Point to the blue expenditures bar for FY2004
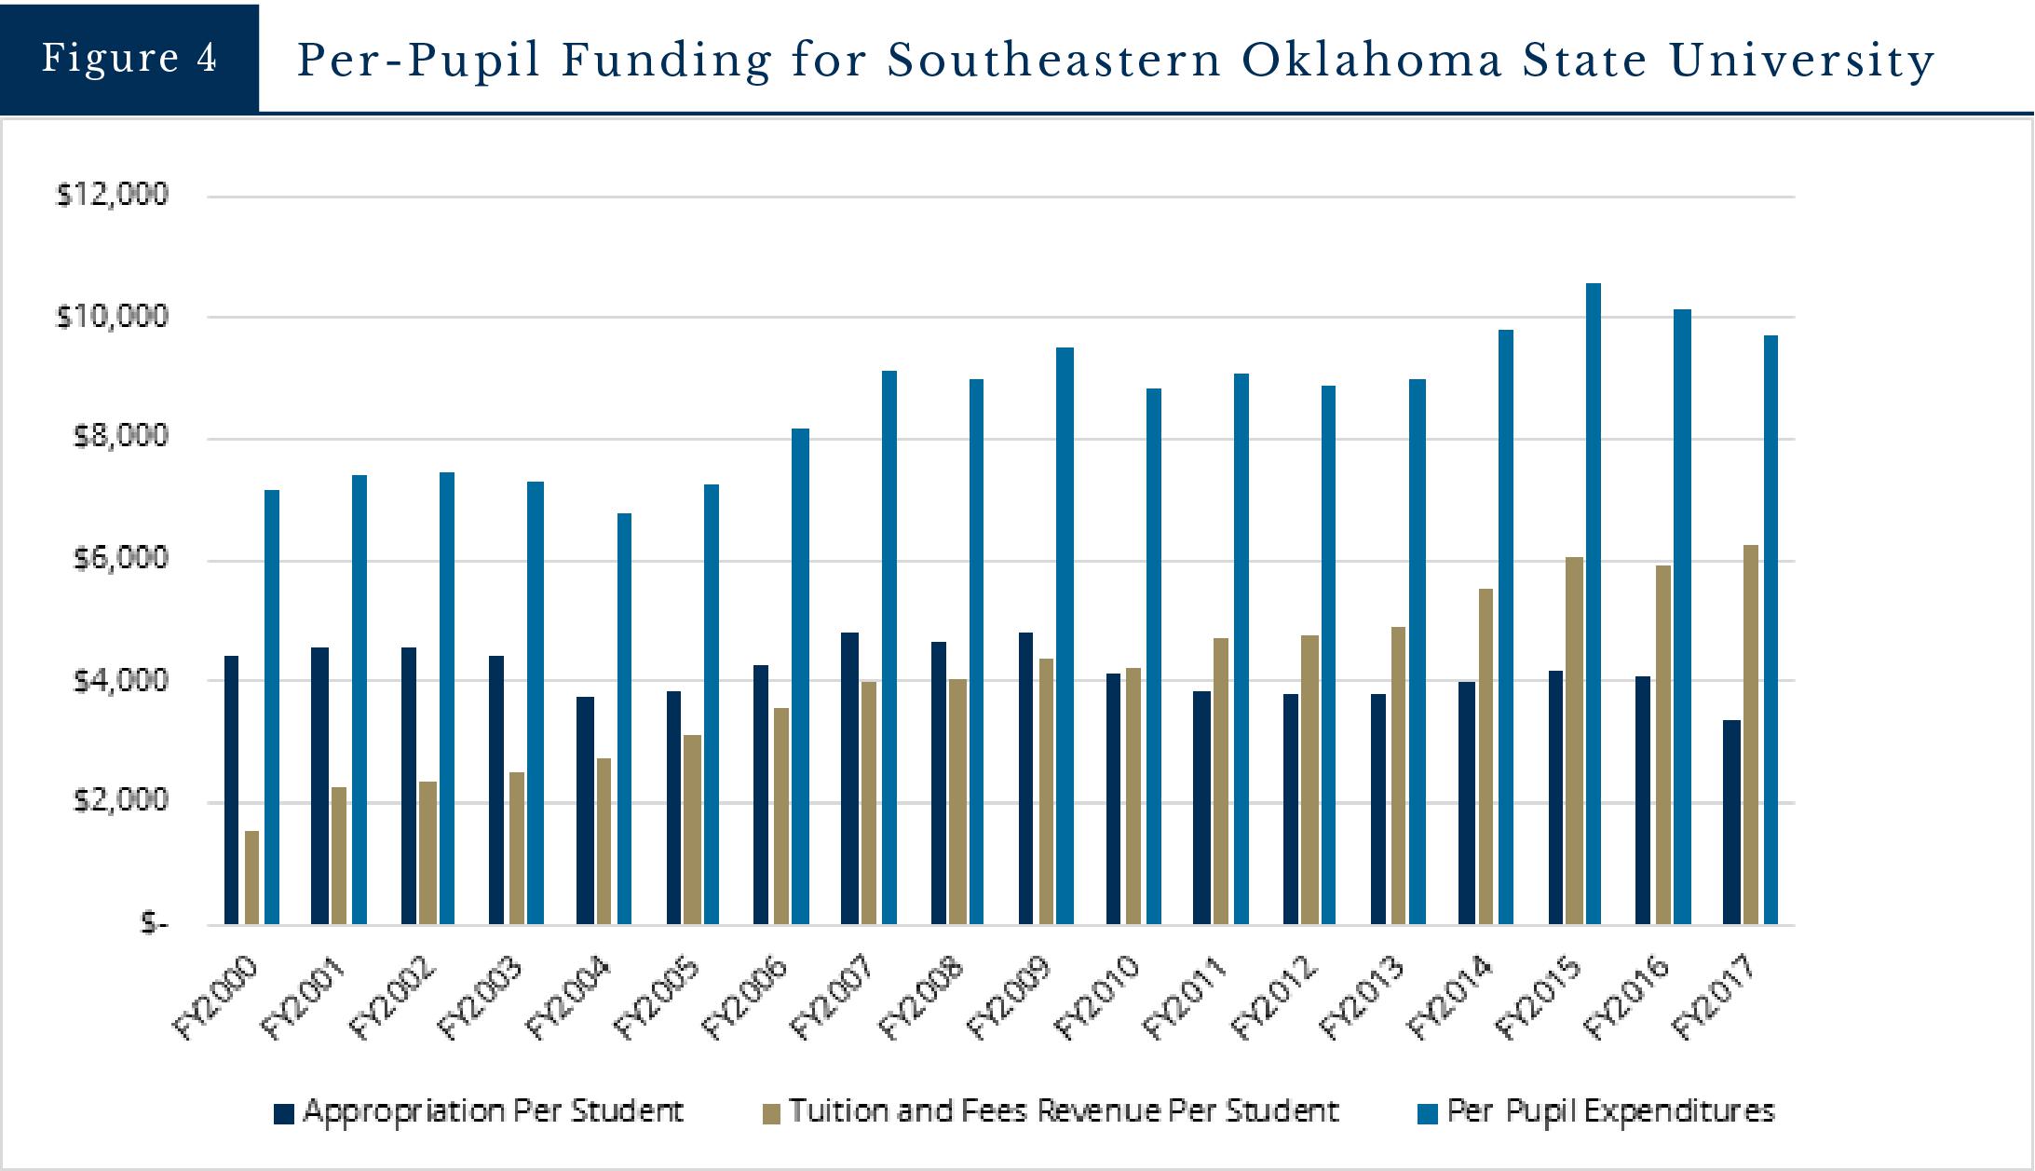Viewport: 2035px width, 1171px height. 624,718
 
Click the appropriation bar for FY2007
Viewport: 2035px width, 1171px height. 849,778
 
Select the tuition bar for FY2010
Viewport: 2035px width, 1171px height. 1133,796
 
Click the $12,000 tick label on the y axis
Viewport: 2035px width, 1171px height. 113,195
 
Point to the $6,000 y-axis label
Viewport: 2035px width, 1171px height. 113,559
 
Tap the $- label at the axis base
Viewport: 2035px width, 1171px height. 154,923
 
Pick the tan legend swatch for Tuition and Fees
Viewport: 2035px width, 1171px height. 771,1113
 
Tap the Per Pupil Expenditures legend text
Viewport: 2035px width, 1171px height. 1610,1111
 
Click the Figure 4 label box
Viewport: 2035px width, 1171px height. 129,58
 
